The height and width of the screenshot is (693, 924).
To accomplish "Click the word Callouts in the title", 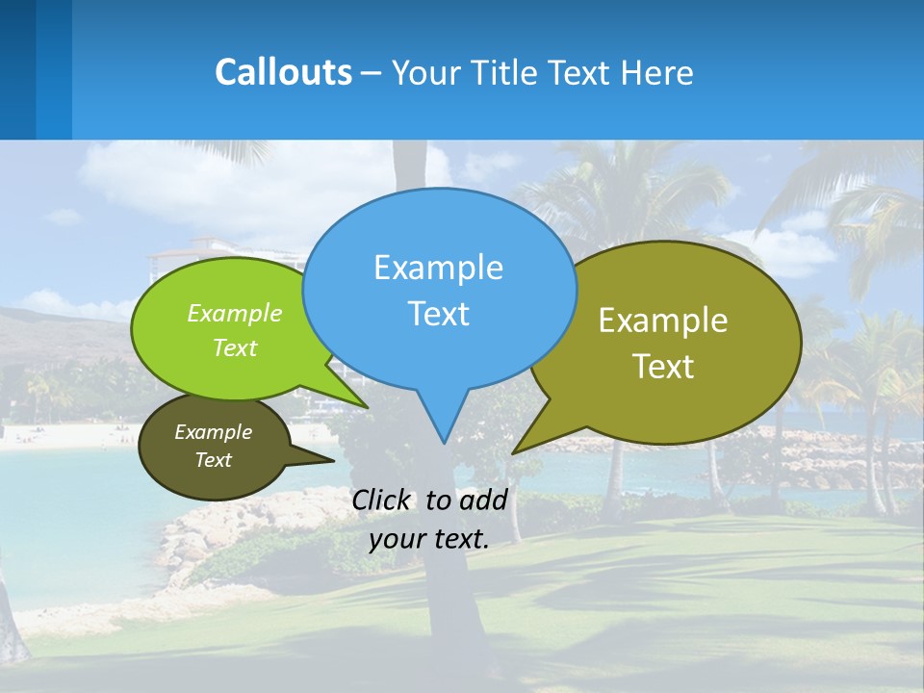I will pos(283,72).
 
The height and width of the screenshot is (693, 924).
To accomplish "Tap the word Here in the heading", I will pos(658,73).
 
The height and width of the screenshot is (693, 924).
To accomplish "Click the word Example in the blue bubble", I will pos(438,268).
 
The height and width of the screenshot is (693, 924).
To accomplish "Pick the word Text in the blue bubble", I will pos(438,314).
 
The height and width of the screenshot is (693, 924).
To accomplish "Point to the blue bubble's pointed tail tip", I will pos(443,443).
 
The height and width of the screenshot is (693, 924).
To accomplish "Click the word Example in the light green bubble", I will pos(235,313).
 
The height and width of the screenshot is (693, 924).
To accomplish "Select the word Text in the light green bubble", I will pos(235,347).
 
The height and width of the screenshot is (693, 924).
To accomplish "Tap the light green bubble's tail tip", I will pos(368,407).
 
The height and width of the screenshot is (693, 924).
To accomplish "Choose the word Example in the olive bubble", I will pos(663,321).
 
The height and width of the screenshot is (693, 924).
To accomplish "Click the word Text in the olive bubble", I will pos(663,367).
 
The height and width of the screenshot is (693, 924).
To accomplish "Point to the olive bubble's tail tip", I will pos(513,452).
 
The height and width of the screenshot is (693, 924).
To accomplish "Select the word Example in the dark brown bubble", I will pos(214,432).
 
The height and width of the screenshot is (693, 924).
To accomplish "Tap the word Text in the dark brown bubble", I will pos(214,460).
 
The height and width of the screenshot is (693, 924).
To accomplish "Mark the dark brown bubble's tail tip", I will pos(334,460).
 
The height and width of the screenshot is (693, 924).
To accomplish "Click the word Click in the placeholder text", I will pos(381,500).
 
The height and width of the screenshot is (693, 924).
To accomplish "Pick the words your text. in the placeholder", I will pos(429,539).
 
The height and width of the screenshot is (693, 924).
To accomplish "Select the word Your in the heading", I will pos(426,73).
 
